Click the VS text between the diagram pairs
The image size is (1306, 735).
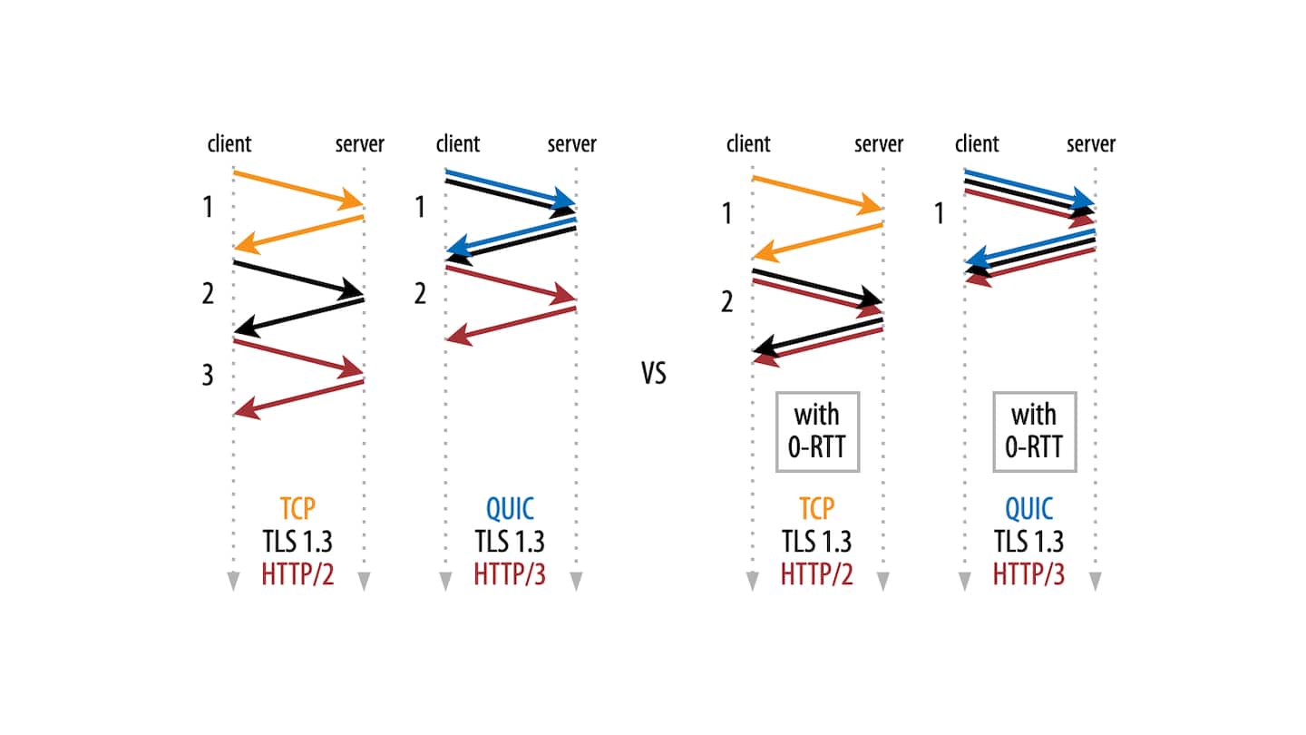(x=653, y=374)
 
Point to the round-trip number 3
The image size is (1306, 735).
(x=208, y=376)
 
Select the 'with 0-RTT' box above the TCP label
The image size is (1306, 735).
(x=816, y=432)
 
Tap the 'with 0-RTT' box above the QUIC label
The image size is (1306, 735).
(x=1034, y=432)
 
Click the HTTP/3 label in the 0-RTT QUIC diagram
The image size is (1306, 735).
(x=1028, y=574)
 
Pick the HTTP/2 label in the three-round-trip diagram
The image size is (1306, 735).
(x=297, y=574)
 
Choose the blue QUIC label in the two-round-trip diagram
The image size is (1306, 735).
(x=510, y=510)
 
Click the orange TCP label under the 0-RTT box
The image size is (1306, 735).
(x=816, y=510)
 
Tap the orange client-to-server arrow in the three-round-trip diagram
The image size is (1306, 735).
(x=298, y=187)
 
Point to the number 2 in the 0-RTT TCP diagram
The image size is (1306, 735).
(x=726, y=301)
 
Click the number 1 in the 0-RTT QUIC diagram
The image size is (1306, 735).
(x=939, y=214)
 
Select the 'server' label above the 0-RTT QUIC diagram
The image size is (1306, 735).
(x=1090, y=144)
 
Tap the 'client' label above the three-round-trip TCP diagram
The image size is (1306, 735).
(x=229, y=144)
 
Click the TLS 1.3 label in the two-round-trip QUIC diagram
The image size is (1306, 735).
(x=510, y=542)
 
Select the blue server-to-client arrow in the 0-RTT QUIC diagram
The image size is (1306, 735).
(x=1030, y=247)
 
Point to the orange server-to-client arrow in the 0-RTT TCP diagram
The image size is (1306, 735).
(x=817, y=240)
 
